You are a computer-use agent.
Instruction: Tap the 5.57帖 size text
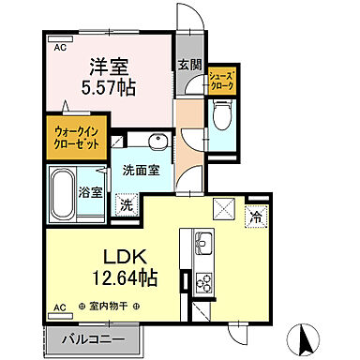[110, 87]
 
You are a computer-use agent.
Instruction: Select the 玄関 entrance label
[187, 66]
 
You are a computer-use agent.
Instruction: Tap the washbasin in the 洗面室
[156, 143]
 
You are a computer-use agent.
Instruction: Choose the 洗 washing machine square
[125, 204]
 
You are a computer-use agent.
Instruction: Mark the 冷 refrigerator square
[256, 217]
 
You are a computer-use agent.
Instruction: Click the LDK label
[123, 256]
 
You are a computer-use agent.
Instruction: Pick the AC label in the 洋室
[59, 45]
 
